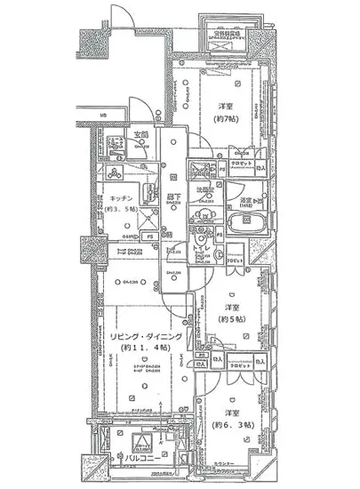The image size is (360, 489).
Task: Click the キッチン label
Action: [x=122, y=198]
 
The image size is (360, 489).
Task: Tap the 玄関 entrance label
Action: [x=141, y=135]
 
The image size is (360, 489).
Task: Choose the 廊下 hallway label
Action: [x=174, y=199]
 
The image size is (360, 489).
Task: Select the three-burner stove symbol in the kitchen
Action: [x=114, y=174]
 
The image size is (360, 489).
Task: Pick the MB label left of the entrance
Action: [x=103, y=116]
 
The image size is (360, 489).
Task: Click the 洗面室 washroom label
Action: [x=205, y=189]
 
